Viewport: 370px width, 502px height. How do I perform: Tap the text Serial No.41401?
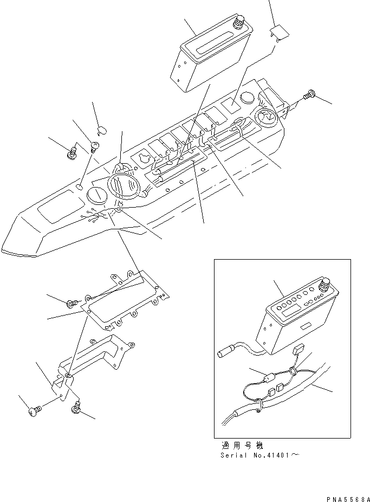[x=255, y=455]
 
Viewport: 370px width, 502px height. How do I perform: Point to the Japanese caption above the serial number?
[x=242, y=446]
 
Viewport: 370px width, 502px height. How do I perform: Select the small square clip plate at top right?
[x=279, y=33]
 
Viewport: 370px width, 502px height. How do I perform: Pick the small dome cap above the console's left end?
[x=101, y=130]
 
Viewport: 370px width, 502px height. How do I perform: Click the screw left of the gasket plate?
[x=72, y=303]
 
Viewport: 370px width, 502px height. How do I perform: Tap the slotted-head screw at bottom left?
[x=34, y=413]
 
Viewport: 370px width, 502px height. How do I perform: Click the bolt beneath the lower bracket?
[x=75, y=407]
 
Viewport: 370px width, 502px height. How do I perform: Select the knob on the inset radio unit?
[x=326, y=284]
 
